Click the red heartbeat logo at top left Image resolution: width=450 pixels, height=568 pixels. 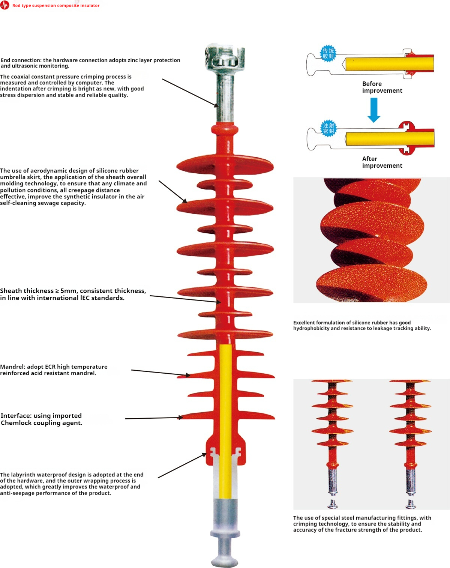[4, 5]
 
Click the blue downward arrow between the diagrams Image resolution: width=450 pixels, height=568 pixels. [374, 110]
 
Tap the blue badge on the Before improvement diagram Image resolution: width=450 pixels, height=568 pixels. [328, 54]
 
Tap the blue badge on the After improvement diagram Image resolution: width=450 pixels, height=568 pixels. [328, 128]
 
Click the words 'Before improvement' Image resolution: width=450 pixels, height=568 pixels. [382, 87]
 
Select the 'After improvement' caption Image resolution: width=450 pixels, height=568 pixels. [382, 162]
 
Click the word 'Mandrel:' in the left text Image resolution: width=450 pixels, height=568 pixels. [13, 367]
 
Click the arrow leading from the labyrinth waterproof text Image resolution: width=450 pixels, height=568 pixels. [182, 466]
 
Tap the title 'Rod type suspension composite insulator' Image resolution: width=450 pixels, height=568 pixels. [56, 6]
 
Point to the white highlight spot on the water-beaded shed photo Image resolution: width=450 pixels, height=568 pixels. [377, 236]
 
